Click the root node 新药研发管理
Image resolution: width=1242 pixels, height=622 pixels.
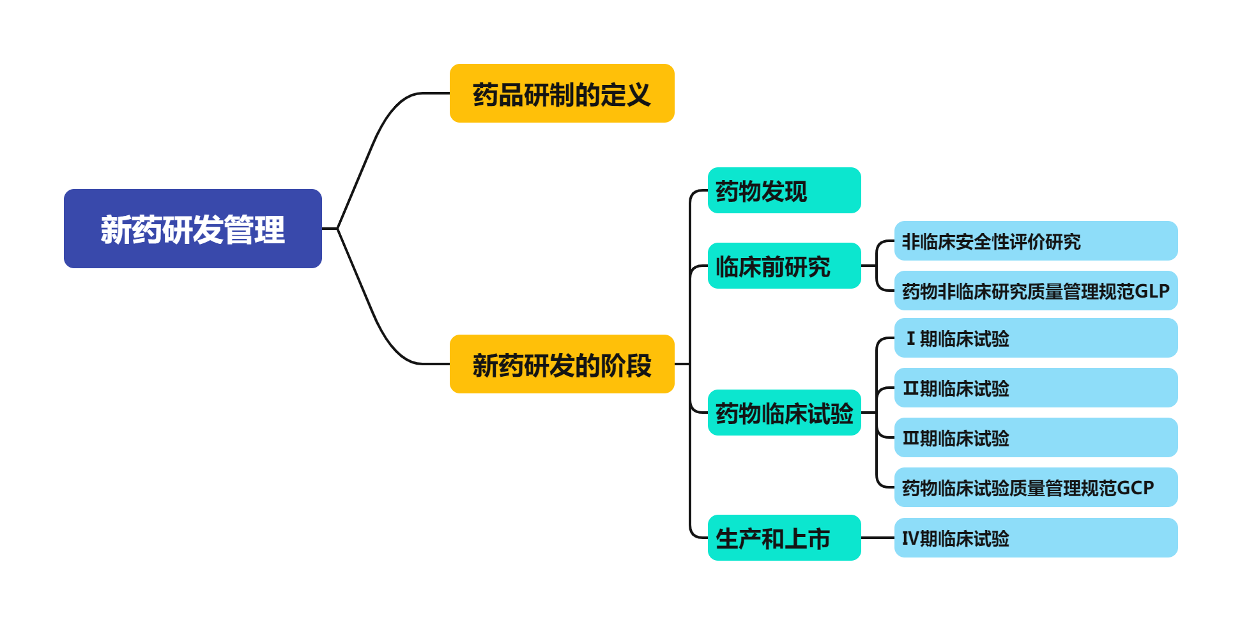point(192,229)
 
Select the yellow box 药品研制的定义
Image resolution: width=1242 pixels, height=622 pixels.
point(562,93)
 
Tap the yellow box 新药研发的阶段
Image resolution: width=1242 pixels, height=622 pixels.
point(562,364)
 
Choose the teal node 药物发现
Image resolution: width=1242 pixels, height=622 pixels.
point(784,190)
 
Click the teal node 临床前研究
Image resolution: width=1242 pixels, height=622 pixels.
point(784,266)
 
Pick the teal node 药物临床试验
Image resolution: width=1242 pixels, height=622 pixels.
point(784,413)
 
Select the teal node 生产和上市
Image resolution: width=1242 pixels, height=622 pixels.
point(784,538)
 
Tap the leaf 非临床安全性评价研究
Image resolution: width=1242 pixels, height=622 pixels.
point(1035,241)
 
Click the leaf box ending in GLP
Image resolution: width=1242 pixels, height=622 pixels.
point(1035,291)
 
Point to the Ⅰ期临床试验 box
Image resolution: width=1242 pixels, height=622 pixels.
point(1035,338)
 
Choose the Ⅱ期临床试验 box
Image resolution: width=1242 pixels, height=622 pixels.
point(1035,388)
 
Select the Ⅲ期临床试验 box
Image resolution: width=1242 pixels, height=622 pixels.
point(1035,437)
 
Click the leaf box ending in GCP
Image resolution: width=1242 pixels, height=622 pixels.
point(1035,487)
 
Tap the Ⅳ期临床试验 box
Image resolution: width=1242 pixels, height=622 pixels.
point(1035,538)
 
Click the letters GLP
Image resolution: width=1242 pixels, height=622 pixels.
point(1151,291)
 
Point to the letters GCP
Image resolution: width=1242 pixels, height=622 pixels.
point(1136,488)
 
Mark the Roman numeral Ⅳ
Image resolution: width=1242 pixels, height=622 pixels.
point(910,538)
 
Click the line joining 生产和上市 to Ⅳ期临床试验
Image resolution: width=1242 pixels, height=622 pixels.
point(877,538)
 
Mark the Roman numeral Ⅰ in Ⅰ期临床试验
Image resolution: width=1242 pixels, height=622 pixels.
point(911,338)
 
